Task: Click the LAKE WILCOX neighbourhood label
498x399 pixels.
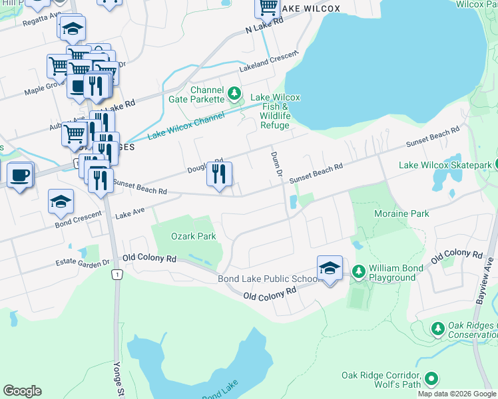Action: click(310, 9)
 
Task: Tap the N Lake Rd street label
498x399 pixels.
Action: click(264, 26)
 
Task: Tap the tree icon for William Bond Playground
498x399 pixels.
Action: click(358, 271)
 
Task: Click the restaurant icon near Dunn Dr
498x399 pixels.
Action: click(219, 174)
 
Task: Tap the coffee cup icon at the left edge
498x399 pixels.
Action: click(20, 175)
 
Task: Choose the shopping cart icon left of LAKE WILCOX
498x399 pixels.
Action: click(268, 7)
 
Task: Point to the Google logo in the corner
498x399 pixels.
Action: click(22, 391)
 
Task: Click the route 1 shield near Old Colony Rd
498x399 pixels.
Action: click(117, 275)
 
